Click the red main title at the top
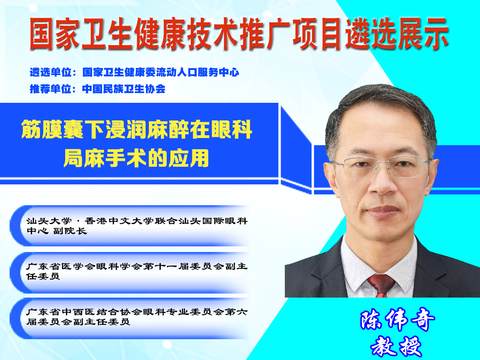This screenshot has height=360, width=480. click(x=239, y=34)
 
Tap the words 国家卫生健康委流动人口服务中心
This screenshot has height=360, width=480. click(x=161, y=72)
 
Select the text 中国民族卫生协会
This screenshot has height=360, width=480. click(x=124, y=89)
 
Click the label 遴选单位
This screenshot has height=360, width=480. click(x=51, y=72)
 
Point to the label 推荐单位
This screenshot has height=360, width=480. click(x=51, y=89)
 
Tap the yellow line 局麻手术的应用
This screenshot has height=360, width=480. click(x=136, y=158)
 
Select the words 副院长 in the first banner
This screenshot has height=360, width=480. click(x=70, y=231)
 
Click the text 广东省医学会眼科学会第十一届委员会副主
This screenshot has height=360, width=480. click(x=137, y=266)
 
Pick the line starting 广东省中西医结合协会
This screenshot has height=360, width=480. click(x=137, y=312)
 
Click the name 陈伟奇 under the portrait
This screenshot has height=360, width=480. click(x=397, y=320)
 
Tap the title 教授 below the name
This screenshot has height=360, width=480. click(x=396, y=347)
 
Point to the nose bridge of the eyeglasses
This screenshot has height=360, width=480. click(x=382, y=164)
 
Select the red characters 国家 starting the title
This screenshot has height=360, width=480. click(x=54, y=34)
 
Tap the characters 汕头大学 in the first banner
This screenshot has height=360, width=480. click(x=49, y=221)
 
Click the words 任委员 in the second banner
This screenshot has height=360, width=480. click(x=43, y=276)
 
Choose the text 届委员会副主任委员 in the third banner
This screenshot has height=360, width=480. click(x=78, y=322)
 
